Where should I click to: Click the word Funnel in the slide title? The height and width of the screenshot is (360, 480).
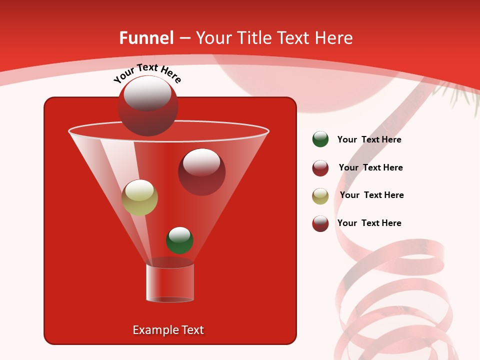(146, 38)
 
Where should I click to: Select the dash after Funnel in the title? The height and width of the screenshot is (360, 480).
(184, 38)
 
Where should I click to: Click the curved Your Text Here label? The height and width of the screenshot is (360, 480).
(147, 72)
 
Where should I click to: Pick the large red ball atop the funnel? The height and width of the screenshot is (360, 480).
(148, 106)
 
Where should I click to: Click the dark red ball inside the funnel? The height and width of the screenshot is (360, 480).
(201, 172)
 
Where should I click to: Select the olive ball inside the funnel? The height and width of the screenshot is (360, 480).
(139, 197)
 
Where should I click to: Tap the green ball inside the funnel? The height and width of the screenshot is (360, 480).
(179, 240)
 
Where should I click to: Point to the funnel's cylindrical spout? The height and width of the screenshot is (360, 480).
(170, 282)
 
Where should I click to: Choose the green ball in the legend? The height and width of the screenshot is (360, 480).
(320, 139)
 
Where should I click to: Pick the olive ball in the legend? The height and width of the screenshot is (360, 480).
(320, 196)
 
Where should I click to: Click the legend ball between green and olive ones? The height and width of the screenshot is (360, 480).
(320, 168)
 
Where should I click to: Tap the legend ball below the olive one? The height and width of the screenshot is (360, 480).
(320, 223)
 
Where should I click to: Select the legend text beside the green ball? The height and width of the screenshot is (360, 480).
(369, 139)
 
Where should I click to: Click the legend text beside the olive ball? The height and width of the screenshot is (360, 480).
(371, 195)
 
